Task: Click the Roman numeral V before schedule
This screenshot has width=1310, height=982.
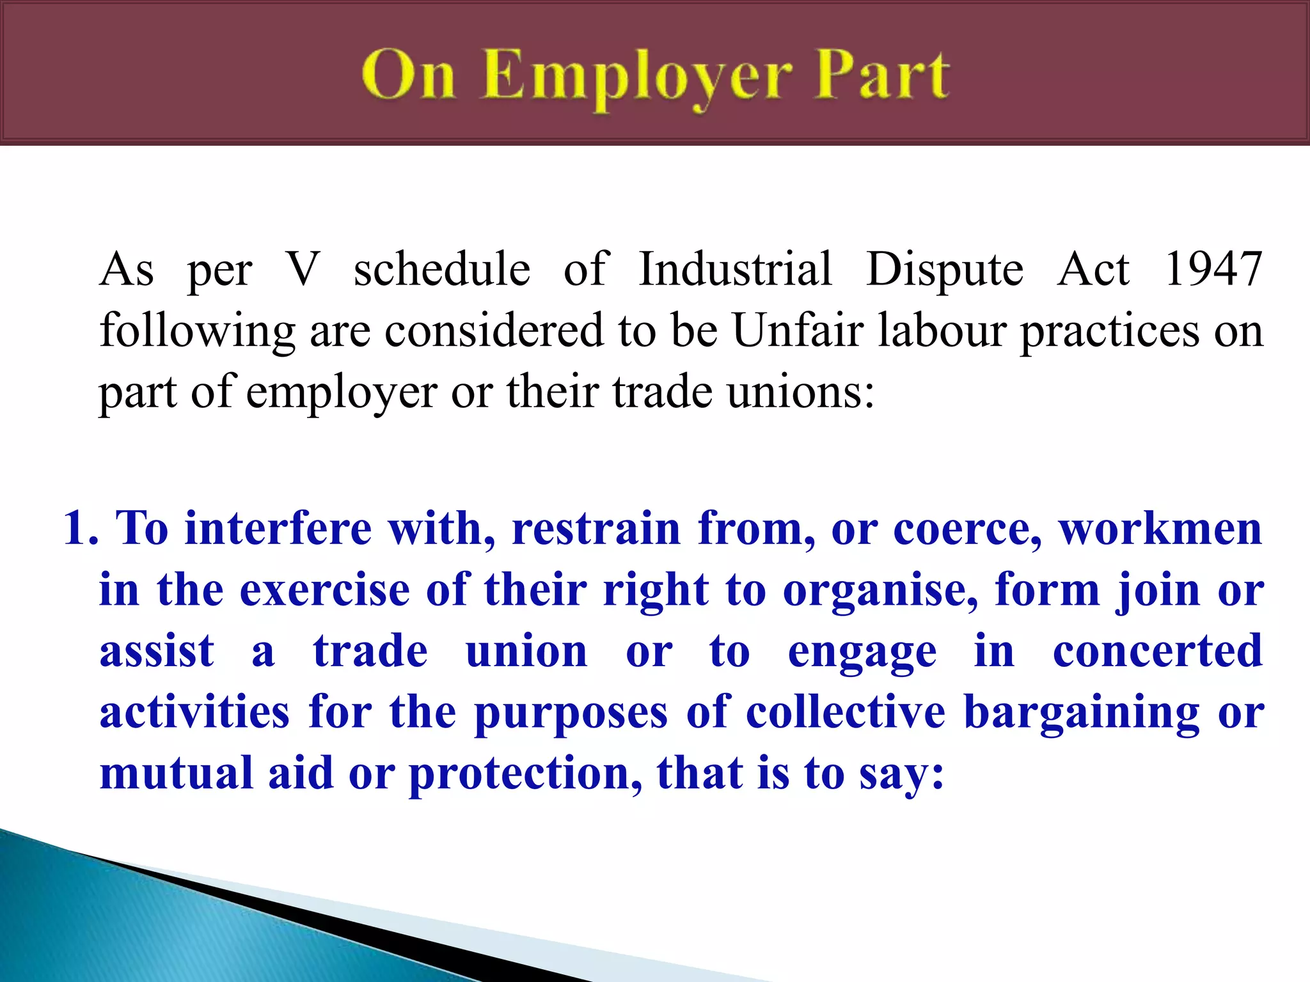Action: click(303, 269)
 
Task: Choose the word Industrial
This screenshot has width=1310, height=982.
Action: click(736, 269)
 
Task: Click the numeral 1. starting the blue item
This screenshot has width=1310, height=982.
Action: click(80, 529)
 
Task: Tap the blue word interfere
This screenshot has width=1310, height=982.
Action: click(278, 529)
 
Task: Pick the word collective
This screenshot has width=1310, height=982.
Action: click(846, 712)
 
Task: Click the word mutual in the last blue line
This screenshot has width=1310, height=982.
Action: click(177, 773)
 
